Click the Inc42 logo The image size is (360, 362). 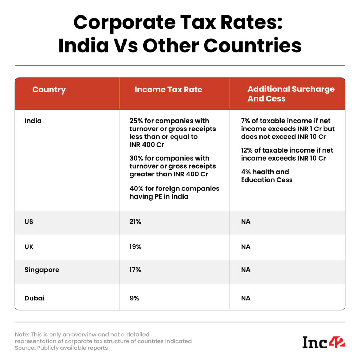pyautogui.click(x=323, y=342)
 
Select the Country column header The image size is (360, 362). pyautogui.click(x=49, y=90)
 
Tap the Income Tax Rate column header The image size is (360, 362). pyautogui.click(x=168, y=90)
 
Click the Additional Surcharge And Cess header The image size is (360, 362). pyautogui.click(x=291, y=94)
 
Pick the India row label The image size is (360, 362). pyautogui.click(x=33, y=121)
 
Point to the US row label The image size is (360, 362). pyautogui.click(x=29, y=222)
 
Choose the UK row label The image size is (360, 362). pyautogui.click(x=29, y=247)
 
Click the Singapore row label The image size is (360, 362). pyautogui.click(x=42, y=270)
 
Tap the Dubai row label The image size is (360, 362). pyautogui.click(x=34, y=298)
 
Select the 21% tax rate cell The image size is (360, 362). pyautogui.click(x=135, y=222)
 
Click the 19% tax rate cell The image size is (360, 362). pyautogui.click(x=135, y=247)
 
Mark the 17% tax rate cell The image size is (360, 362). pyautogui.click(x=135, y=270)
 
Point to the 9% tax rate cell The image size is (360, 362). pyautogui.click(x=134, y=298)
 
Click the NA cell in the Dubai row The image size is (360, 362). pyautogui.click(x=246, y=298)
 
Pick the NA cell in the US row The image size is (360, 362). pyautogui.click(x=246, y=222)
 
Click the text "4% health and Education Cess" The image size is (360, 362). pyautogui.click(x=266, y=176)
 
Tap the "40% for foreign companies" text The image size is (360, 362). pyautogui.click(x=174, y=189)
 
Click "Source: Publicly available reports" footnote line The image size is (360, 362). pyautogui.click(x=61, y=348)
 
